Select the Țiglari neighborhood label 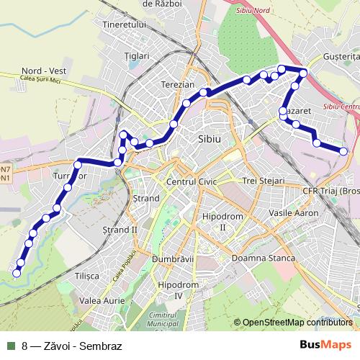pyautogui.click(x=136, y=55)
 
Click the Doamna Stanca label pyautogui.click(x=258, y=258)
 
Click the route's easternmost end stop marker pyautogui.click(x=343, y=150)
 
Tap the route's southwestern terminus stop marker pyautogui.click(x=17, y=273)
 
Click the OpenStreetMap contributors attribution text pyautogui.click(x=297, y=323)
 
